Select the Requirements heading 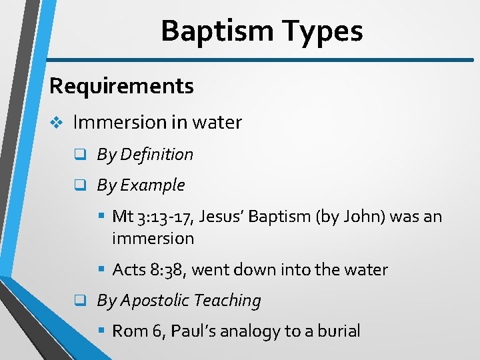coord(121,86)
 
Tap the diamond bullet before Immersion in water coord(58,123)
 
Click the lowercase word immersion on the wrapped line coord(153,238)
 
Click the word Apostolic coord(155,301)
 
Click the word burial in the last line coord(340,331)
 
